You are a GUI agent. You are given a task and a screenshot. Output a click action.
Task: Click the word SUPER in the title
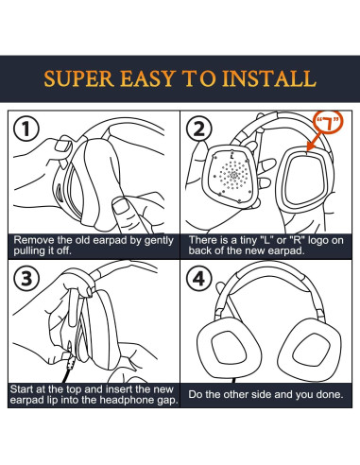(x=78, y=78)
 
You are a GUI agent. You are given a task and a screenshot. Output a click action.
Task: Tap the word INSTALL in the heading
(x=268, y=78)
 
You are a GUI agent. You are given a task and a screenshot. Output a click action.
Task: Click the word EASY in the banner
(x=147, y=78)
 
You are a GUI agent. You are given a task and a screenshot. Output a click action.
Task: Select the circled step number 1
(x=26, y=129)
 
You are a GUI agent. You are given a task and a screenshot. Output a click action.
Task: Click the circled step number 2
(x=199, y=129)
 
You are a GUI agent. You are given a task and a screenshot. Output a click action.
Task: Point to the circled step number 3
(x=26, y=279)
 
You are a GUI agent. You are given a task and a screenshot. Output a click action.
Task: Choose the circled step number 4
(x=199, y=279)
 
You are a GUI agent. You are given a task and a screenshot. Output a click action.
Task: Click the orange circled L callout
(x=328, y=122)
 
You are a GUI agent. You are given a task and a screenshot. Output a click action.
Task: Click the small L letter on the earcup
(x=232, y=155)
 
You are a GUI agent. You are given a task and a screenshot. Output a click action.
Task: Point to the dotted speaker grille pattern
(x=233, y=176)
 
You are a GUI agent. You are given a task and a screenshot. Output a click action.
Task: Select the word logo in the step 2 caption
(x=319, y=241)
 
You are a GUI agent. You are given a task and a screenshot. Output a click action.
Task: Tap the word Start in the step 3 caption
(x=22, y=389)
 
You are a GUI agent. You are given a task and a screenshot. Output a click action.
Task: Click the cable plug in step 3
(x=69, y=360)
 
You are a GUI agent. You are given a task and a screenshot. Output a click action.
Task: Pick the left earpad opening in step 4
(x=229, y=348)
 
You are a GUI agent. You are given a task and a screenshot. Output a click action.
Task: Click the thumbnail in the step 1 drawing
(x=62, y=146)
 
